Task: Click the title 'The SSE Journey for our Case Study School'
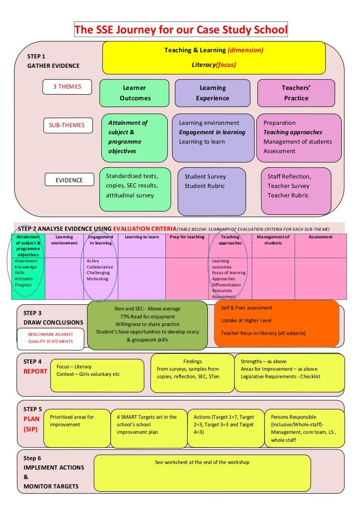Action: click(181, 30)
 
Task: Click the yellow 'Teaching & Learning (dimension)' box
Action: click(214, 57)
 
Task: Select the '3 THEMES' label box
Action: click(67, 87)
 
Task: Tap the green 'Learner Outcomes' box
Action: click(134, 93)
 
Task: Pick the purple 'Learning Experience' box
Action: click(213, 93)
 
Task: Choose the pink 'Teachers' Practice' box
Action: click(296, 93)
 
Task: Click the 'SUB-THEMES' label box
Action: click(67, 125)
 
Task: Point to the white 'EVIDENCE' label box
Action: click(69, 180)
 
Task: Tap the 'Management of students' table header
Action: click(273, 240)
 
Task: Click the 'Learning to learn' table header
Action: click(142, 237)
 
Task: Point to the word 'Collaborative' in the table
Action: click(100, 267)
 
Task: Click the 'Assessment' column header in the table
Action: click(321, 237)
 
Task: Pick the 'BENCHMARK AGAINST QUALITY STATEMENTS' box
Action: click(50, 338)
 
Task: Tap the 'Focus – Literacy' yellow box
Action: click(97, 375)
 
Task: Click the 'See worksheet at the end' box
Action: click(202, 473)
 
